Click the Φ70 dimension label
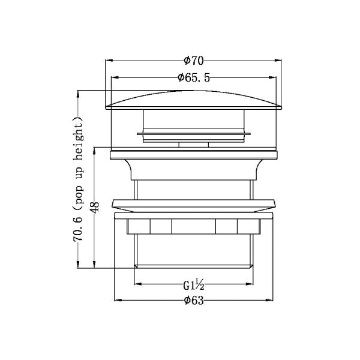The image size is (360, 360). pos(194,61)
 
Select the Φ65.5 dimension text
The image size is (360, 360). pos(194,77)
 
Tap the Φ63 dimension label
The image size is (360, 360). pos(194,300)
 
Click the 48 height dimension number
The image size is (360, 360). pos(95,207)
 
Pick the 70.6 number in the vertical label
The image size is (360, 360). pos(78,228)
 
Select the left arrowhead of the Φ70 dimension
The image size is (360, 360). pos(109,61)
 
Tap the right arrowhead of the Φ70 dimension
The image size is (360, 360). pos(278,61)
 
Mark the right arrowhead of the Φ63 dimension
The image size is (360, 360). pos(269,300)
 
